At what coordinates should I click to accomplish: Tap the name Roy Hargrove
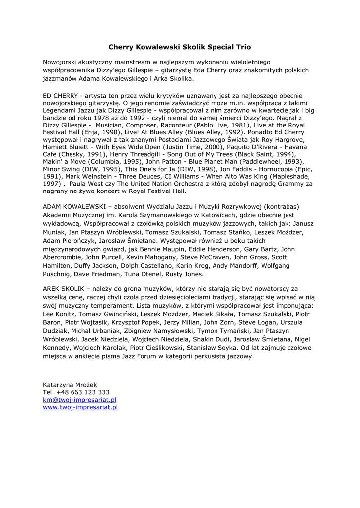coord(282,140)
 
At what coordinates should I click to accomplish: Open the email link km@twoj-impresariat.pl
coord(79,400)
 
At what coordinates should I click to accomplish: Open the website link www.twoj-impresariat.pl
coord(80,407)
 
